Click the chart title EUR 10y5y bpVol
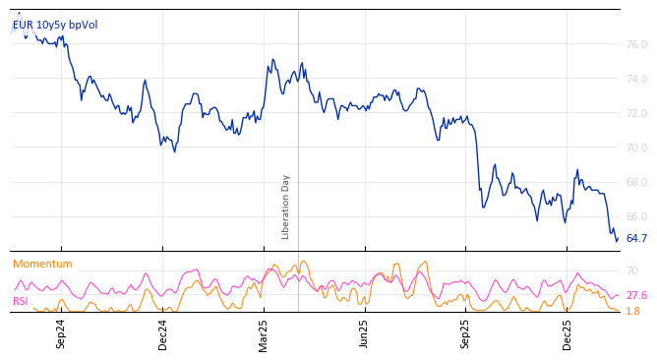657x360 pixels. tap(55, 26)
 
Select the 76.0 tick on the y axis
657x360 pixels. tap(636, 44)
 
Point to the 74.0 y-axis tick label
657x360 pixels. tap(636, 79)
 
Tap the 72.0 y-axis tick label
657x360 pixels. tap(636, 113)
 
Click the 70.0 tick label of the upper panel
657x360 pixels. tap(636, 148)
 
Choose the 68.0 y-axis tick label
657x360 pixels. tap(636, 182)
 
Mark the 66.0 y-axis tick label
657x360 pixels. tap(636, 216)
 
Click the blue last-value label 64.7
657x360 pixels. tap(636, 238)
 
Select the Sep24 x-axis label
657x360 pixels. tap(61, 333)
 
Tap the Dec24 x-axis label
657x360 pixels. tap(163, 333)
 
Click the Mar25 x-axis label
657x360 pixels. tap(264, 333)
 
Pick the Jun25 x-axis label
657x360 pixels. tap(365, 333)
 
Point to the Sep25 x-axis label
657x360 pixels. tap(466, 333)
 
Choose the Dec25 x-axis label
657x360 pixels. tap(567, 333)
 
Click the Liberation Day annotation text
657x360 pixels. tap(286, 207)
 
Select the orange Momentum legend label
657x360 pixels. tap(42, 265)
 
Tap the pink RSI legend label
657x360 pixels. tap(21, 301)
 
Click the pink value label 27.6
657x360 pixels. tap(636, 295)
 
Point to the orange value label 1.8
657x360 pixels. tap(632, 311)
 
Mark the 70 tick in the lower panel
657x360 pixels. tap(632, 270)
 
